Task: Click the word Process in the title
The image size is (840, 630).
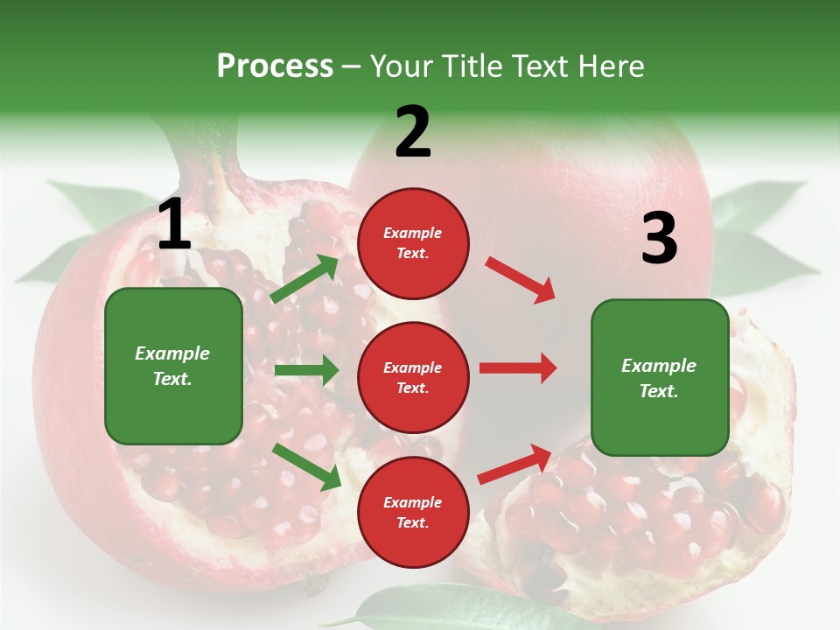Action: (275, 66)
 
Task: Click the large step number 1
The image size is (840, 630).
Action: (174, 226)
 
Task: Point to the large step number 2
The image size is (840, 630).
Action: (413, 132)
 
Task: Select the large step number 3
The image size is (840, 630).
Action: (659, 239)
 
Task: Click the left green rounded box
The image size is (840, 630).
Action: (173, 366)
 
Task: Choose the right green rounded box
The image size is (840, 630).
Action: (660, 378)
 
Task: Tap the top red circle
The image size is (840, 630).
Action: (413, 243)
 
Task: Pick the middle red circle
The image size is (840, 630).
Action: (413, 378)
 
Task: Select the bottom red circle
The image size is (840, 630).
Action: (413, 513)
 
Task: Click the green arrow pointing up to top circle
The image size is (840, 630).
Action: (304, 279)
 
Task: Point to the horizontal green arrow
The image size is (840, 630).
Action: (306, 370)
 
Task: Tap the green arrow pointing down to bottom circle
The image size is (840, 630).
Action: (306, 466)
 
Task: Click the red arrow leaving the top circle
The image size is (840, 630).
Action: (521, 279)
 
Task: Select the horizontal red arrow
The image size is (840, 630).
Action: (518, 368)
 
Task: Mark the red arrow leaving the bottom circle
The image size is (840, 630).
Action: (514, 464)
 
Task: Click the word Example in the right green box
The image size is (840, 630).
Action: (659, 366)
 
